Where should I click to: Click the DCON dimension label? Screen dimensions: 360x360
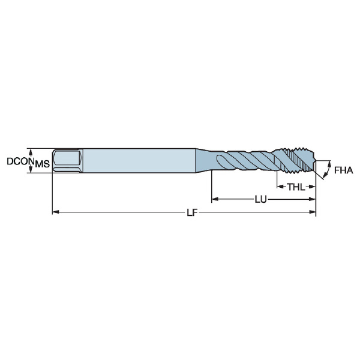point(20,161)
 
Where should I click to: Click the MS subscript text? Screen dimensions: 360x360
point(42,164)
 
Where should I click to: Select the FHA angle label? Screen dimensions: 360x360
point(343,170)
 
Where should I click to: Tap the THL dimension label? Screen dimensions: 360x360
point(296,187)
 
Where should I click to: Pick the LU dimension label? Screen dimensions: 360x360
point(261,200)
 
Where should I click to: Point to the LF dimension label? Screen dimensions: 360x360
point(192,212)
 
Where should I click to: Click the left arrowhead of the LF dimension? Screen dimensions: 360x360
point(56,212)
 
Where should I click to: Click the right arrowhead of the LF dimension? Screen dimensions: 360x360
point(313,212)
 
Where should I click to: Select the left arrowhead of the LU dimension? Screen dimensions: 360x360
point(215,199)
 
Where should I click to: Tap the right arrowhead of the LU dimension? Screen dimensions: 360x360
point(313,199)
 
